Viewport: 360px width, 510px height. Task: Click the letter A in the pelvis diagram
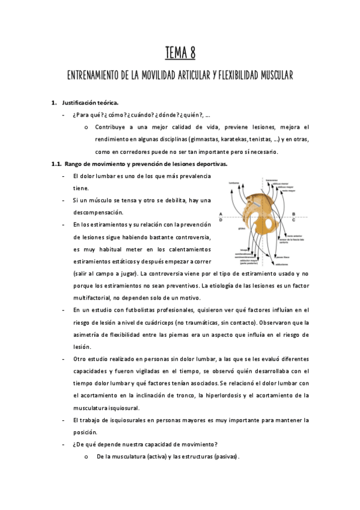221,214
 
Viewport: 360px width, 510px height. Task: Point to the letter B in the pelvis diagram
293,214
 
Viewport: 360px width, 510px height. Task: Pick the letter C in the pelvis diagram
293,220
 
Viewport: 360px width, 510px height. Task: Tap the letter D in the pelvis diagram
221,220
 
